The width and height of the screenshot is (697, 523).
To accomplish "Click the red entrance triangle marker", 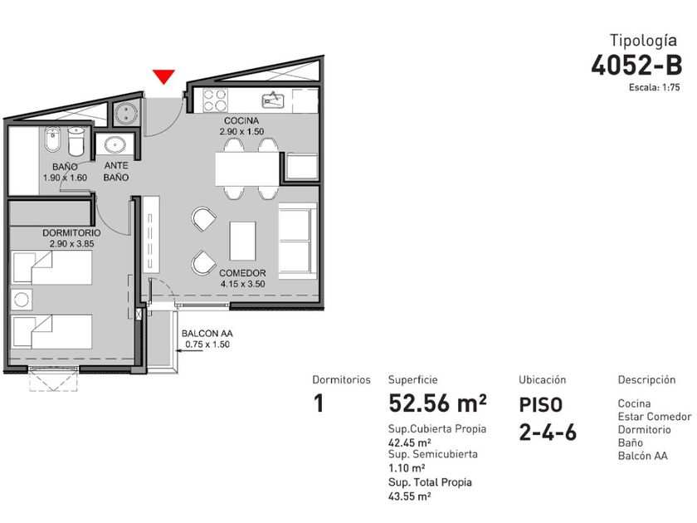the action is (x=163, y=76).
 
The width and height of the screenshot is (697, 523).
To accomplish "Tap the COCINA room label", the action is (x=241, y=121).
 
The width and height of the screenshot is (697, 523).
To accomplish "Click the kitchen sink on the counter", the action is (x=273, y=100).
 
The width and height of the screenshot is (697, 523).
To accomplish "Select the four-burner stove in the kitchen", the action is (x=215, y=100).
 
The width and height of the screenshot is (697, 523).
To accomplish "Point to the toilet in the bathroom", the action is (x=76, y=141).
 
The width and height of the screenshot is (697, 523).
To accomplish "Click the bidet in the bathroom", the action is (x=52, y=140).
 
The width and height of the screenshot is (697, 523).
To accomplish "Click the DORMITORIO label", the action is (x=71, y=233).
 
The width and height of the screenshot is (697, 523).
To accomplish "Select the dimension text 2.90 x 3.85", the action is (x=71, y=244).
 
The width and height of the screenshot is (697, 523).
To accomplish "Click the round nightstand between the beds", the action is (x=22, y=300).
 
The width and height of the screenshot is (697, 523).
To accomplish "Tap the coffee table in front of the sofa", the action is (x=242, y=241).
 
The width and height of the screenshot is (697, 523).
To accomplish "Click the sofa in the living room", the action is (x=298, y=241).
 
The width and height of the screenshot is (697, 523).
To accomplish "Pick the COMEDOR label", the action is (x=242, y=273).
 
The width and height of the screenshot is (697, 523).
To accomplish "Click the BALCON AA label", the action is (x=207, y=334).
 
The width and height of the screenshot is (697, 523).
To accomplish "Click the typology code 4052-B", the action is (x=636, y=66).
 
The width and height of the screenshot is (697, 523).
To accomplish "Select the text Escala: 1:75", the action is (x=655, y=88).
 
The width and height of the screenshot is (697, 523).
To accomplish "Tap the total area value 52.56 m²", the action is (x=437, y=403).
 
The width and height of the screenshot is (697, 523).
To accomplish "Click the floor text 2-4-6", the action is (x=548, y=433).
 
